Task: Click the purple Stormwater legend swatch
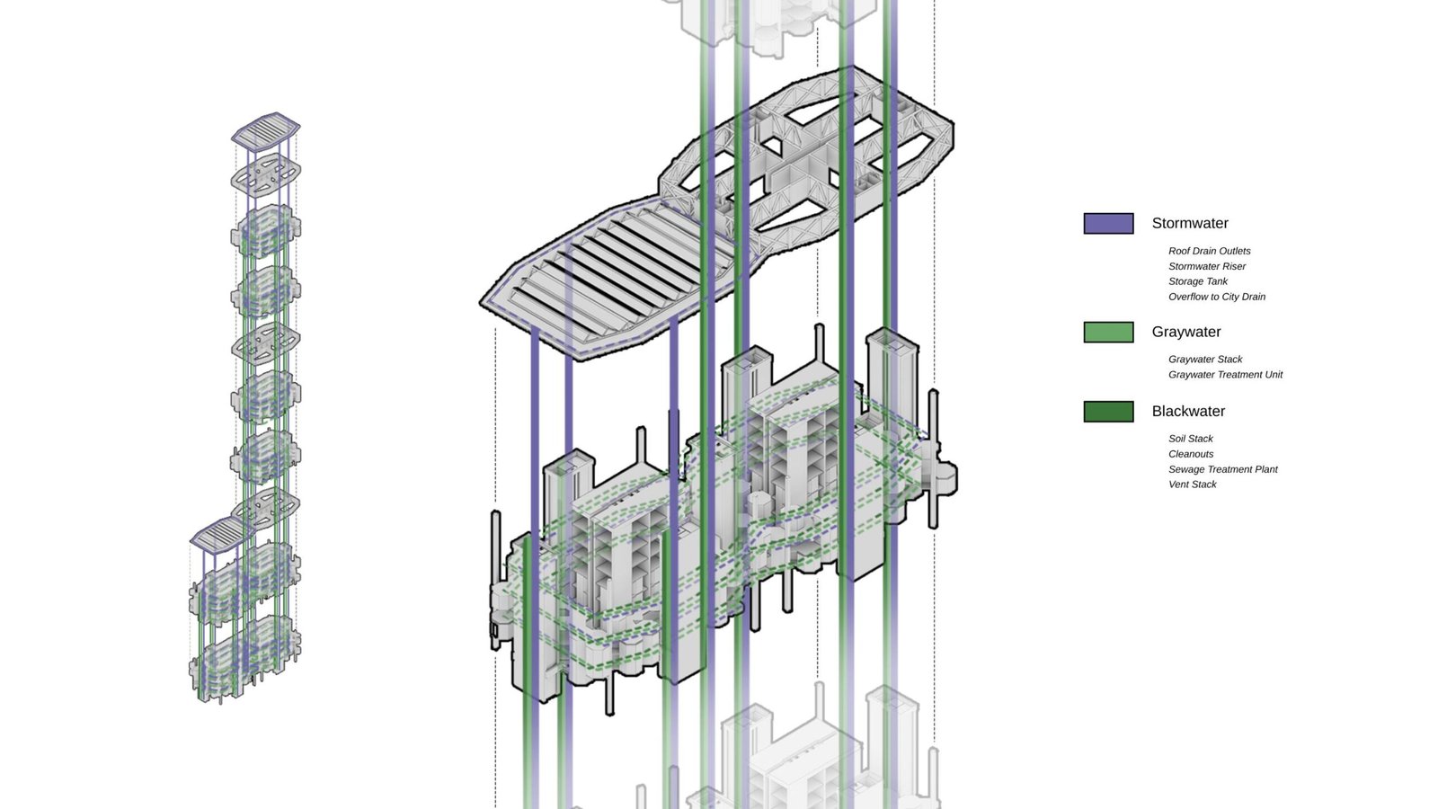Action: [x=1109, y=224]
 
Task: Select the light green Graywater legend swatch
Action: [x=1109, y=332]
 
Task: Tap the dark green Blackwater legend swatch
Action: [x=1109, y=412]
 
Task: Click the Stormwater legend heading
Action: [x=1190, y=224]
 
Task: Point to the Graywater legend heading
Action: [x=1186, y=332]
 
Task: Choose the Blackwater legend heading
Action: [x=1188, y=412]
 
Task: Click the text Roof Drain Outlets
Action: [x=1210, y=251]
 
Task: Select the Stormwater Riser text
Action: [x=1207, y=266]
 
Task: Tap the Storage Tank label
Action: [x=1198, y=281]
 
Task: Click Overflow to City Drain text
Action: [x=1217, y=297]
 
